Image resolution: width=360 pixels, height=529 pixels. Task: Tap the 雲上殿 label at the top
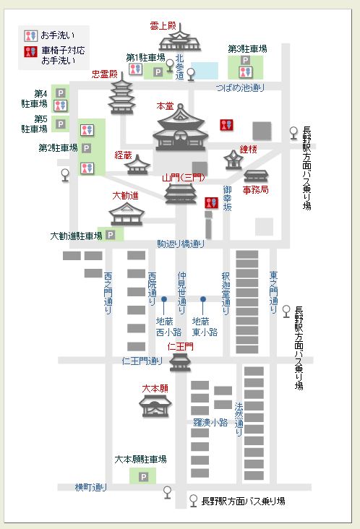163,26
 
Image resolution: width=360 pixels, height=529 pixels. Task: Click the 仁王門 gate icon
180,362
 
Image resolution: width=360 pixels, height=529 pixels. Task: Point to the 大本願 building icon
155,406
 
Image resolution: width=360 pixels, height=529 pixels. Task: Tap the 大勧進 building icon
127,214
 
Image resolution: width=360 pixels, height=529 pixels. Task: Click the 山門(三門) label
184,178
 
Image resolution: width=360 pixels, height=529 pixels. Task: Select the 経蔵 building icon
137,165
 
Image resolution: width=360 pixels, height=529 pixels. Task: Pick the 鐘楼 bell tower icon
233,160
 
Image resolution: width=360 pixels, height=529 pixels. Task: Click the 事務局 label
256,190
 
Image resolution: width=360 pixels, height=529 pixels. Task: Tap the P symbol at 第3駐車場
245,61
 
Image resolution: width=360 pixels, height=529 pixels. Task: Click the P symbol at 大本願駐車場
143,477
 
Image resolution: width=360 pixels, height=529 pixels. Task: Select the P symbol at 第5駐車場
61,124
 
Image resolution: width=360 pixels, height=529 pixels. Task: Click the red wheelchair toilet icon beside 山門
212,203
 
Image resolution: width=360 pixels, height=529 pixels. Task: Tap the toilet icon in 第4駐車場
61,106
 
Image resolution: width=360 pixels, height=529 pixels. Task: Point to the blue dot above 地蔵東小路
203,299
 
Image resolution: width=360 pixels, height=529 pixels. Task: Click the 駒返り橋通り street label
181,244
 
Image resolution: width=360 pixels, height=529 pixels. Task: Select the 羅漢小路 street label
210,422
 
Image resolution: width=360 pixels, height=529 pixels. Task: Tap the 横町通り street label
91,487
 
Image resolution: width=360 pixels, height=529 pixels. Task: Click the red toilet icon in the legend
30,51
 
